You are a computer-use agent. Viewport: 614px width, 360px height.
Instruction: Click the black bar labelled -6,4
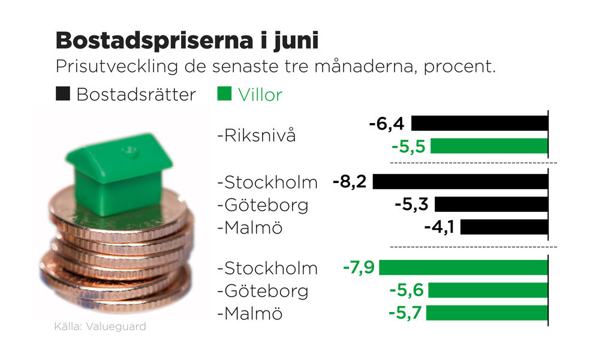click(480, 124)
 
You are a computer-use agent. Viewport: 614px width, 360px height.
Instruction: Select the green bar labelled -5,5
click(489, 146)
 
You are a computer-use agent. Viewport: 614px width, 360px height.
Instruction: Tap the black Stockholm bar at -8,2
click(460, 181)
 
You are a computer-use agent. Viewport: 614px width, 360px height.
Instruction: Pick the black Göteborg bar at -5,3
click(492, 204)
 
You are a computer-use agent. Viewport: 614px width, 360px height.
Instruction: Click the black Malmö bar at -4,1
click(504, 227)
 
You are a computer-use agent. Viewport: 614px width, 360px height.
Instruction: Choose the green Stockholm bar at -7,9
click(463, 267)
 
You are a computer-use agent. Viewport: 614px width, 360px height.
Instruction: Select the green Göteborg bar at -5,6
click(488, 290)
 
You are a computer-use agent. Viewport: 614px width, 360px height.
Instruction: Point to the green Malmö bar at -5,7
click(487, 313)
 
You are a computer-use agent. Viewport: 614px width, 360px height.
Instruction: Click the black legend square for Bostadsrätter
click(62, 94)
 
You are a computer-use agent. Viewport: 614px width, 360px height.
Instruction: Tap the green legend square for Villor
click(224, 94)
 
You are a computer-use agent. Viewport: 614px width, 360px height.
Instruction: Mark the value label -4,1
click(440, 227)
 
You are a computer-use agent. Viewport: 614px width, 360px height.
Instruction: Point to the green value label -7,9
click(359, 267)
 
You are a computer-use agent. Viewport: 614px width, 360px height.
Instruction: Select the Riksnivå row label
click(257, 135)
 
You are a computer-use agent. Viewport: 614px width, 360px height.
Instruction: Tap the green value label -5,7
click(407, 313)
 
